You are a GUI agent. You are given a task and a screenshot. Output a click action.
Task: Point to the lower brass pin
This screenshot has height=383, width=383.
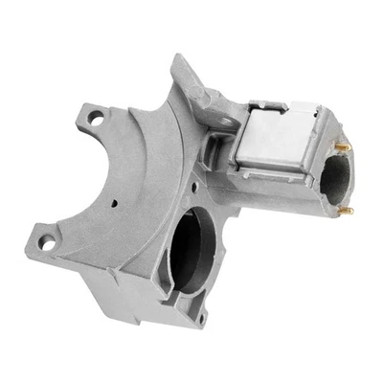(x=349, y=210)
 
